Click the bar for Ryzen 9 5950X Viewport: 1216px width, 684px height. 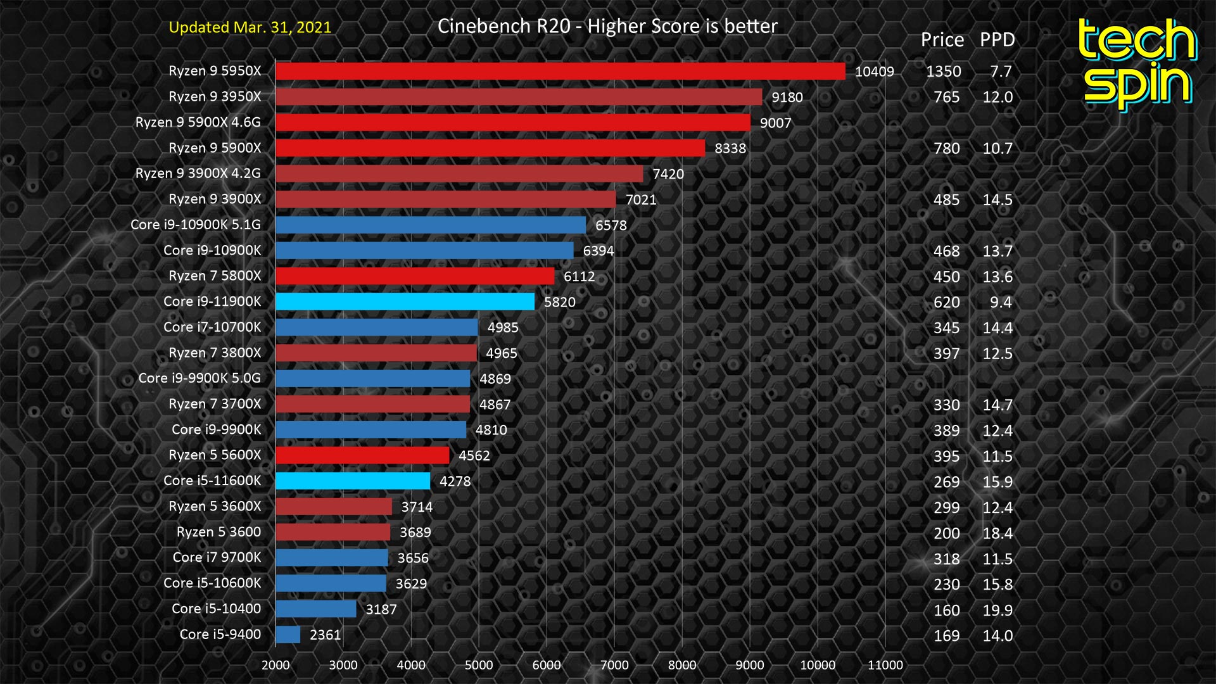pos(560,71)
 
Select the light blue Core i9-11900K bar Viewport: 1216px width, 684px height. pos(405,301)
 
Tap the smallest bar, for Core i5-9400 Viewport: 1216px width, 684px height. pos(288,635)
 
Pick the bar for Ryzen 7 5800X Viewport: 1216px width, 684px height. pos(415,276)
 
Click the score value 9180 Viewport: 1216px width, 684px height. pos(787,98)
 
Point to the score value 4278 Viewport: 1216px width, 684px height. pos(455,481)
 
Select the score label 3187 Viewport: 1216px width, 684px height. pos(381,609)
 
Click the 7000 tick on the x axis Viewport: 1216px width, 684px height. pos(614,665)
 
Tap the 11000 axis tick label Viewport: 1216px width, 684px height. pos(885,665)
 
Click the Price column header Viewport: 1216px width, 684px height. pos(942,40)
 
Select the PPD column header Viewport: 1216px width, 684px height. pos(997,40)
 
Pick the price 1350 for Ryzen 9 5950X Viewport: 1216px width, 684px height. pos(943,72)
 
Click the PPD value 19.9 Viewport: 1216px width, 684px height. pos(997,611)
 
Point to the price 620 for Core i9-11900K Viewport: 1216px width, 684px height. pos(946,303)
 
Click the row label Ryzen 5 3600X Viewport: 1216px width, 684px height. pos(215,506)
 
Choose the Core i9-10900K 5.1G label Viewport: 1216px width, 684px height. pos(195,225)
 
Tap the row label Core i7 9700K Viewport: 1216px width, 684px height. pos(217,557)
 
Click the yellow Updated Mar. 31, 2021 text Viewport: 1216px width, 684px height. pos(250,27)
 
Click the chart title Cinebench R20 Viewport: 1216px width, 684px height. pos(607,26)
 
